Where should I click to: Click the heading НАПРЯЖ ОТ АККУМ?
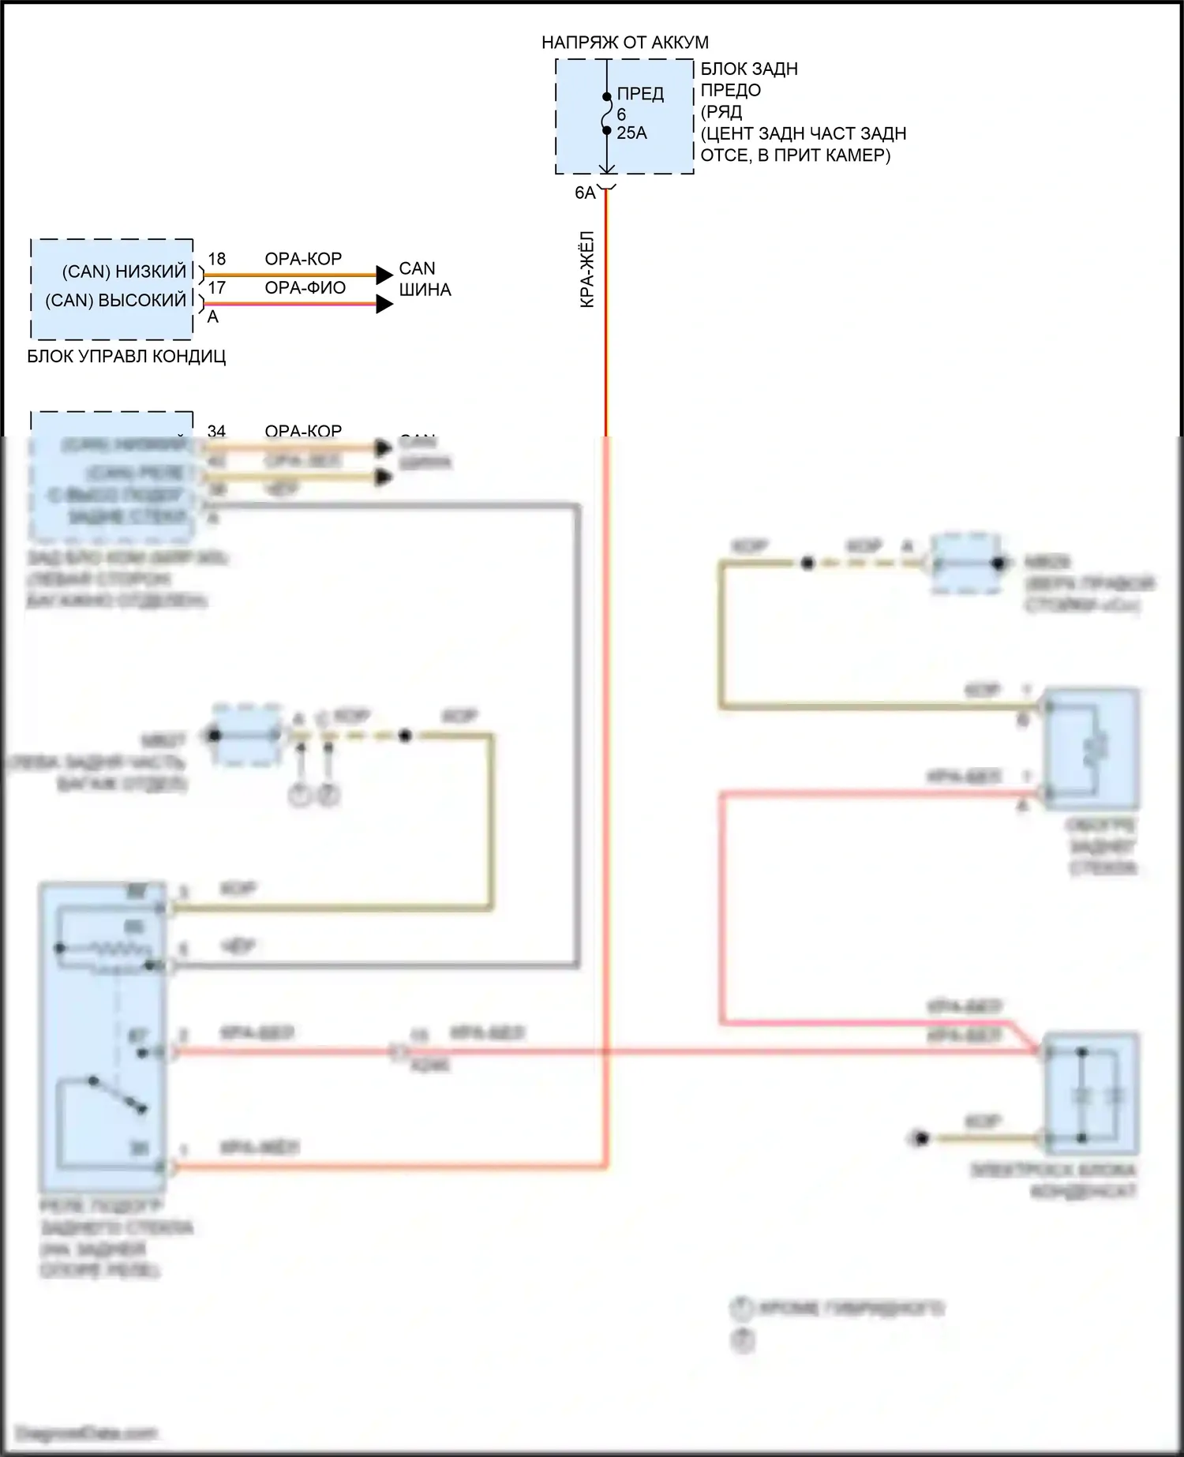coord(624,43)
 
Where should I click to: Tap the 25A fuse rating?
coord(631,133)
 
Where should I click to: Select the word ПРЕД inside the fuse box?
coord(640,94)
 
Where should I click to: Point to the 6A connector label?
coord(585,193)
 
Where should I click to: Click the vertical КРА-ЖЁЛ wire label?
coord(587,269)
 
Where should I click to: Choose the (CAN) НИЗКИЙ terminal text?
coord(124,272)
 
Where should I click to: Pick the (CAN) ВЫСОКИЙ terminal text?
coord(115,301)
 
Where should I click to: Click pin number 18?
coord(216,259)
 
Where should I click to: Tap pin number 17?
coord(216,288)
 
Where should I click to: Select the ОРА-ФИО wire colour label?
coord(305,288)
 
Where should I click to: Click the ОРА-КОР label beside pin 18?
coord(303,259)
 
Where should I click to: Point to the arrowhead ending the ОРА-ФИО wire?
coord(384,304)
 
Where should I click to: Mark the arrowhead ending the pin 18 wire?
coord(384,275)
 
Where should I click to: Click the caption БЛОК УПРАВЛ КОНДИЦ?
coord(126,357)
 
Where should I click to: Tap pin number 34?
coord(216,431)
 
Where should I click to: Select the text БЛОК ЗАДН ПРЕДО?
coord(749,80)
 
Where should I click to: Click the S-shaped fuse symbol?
coord(606,114)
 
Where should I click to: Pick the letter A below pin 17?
coord(212,317)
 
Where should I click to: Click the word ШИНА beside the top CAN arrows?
coord(425,290)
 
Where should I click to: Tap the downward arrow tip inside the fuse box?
coord(606,170)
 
